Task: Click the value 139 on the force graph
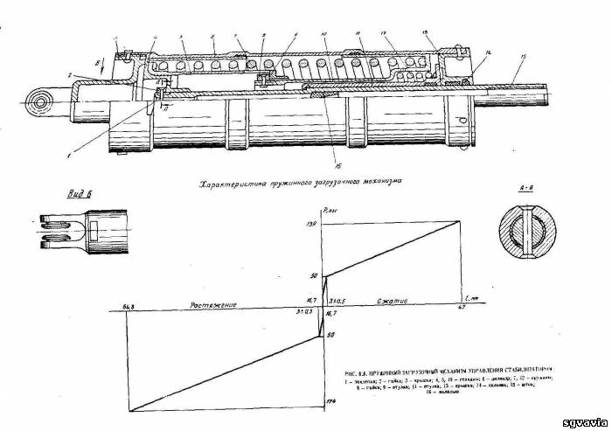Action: click(x=311, y=226)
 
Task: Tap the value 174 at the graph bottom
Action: click(x=330, y=401)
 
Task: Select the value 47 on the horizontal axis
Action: click(x=460, y=306)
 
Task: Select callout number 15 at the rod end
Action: click(x=521, y=56)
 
